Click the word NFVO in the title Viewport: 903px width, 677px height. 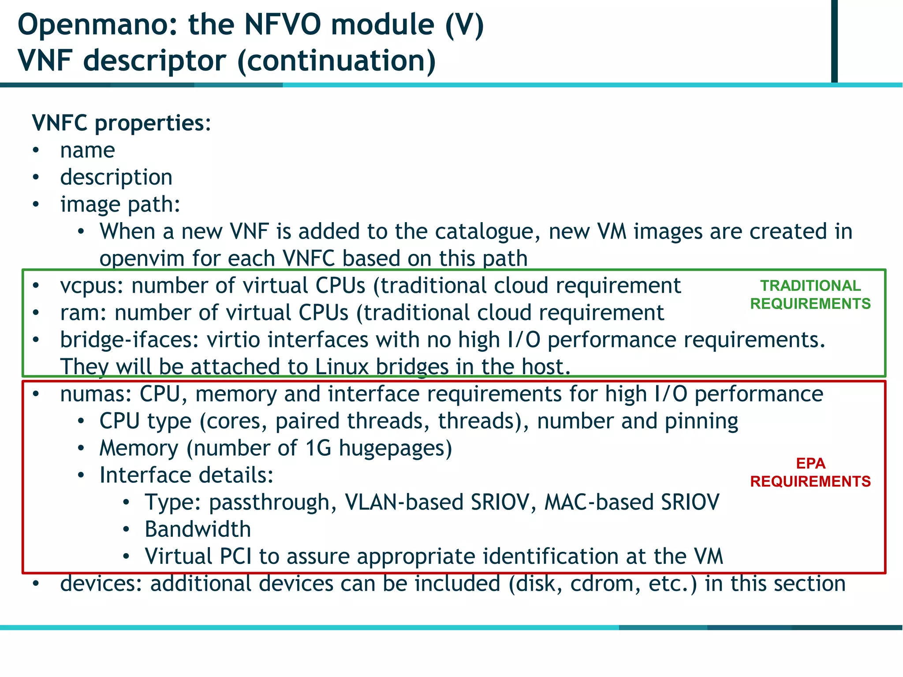tap(283, 25)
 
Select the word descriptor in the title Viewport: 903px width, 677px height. tap(155, 60)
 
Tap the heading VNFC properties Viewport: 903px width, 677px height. tap(121, 123)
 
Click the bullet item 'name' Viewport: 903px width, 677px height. tap(87, 150)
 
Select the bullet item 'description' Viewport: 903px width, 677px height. tap(116, 177)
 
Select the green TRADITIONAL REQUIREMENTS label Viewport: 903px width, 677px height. tap(810, 294)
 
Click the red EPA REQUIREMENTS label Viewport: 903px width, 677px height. tap(810, 472)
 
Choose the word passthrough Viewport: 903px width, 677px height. tap(269, 502)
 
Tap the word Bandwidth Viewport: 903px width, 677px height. tap(198, 529)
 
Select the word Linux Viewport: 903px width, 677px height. tap(342, 367)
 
